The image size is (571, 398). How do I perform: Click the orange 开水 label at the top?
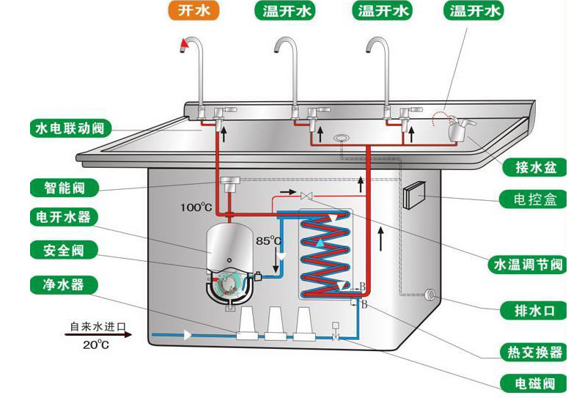pos(194,11)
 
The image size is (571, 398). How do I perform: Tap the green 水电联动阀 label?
pos(70,129)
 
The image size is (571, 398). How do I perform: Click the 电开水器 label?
pos(65,218)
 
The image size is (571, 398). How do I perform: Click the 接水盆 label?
pos(531,167)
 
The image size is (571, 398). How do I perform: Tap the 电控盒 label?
pos(531,199)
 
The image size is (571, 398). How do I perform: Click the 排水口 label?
pos(531,310)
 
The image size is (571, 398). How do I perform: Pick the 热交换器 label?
pos(531,352)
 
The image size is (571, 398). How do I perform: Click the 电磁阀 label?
pos(531,383)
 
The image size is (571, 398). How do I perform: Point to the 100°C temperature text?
pos(196,207)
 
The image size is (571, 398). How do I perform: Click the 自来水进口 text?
pos(98,326)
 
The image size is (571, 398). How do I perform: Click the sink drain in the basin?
pos(342,138)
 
